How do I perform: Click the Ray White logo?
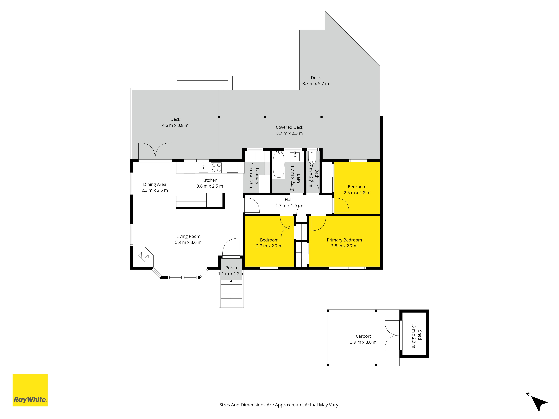pyautogui.click(x=30, y=390)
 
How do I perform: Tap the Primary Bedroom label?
pyautogui.click(x=344, y=240)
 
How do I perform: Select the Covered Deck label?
pyautogui.click(x=289, y=127)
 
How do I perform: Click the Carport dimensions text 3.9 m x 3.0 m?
pyautogui.click(x=363, y=342)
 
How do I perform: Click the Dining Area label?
pyautogui.click(x=155, y=184)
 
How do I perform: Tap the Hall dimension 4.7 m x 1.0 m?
pyautogui.click(x=288, y=206)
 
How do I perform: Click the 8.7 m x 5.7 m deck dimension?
pyautogui.click(x=316, y=84)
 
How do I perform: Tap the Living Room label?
pyautogui.click(x=188, y=236)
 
